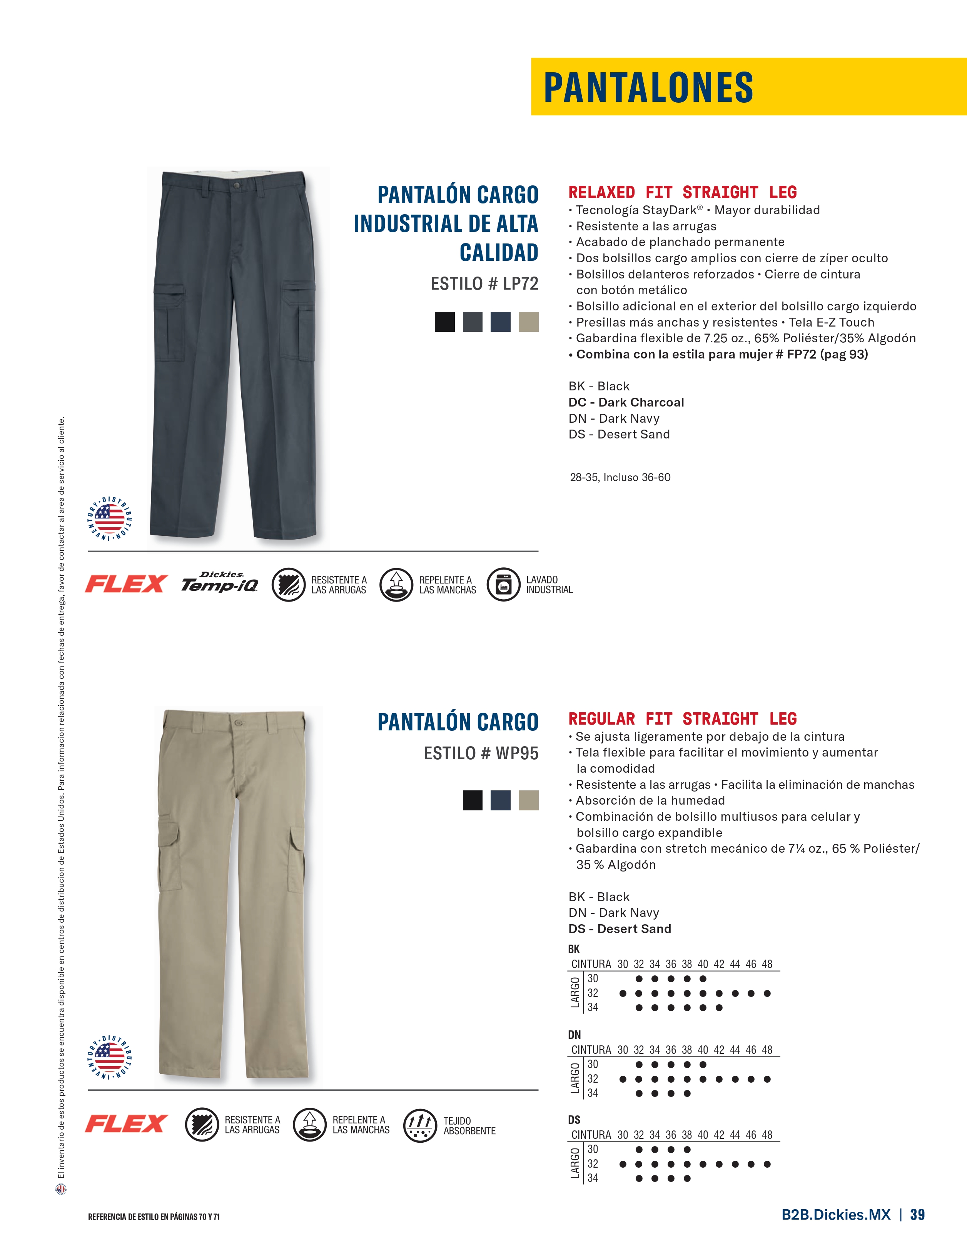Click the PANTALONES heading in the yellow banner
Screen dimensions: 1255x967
point(648,87)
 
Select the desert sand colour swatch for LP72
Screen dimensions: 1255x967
point(528,322)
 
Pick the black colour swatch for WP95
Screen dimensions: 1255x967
point(473,800)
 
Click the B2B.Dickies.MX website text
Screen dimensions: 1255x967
point(835,1214)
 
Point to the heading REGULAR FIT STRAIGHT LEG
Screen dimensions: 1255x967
point(682,718)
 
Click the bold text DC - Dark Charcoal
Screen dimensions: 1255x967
point(626,402)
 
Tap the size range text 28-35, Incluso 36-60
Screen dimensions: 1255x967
point(620,477)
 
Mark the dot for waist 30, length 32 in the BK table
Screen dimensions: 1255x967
point(623,993)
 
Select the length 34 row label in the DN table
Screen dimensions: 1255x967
point(593,1093)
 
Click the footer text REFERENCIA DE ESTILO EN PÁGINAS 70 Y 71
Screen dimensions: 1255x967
point(154,1217)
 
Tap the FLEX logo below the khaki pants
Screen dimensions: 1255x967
point(126,1123)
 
